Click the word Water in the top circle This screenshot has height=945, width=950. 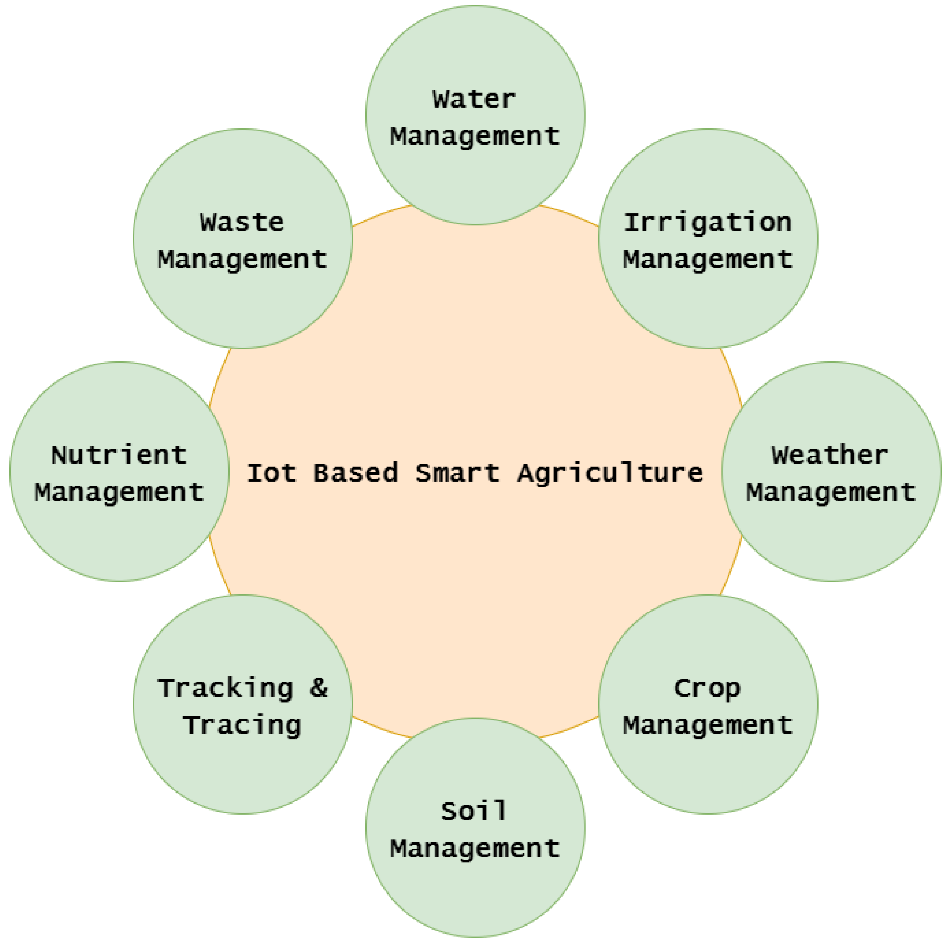click(x=474, y=100)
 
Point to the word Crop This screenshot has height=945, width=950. click(x=707, y=689)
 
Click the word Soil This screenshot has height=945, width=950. click(x=473, y=811)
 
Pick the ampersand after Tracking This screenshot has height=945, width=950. click(x=319, y=688)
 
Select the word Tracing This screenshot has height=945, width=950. click(x=242, y=725)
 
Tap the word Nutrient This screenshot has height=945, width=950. click(x=119, y=455)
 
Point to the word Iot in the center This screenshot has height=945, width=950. click(x=271, y=473)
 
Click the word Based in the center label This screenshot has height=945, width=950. click(x=355, y=473)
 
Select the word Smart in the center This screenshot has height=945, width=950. click(x=457, y=473)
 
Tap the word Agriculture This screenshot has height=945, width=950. click(x=610, y=473)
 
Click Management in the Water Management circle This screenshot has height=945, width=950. click(x=475, y=137)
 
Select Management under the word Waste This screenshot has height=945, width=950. click(x=242, y=260)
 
